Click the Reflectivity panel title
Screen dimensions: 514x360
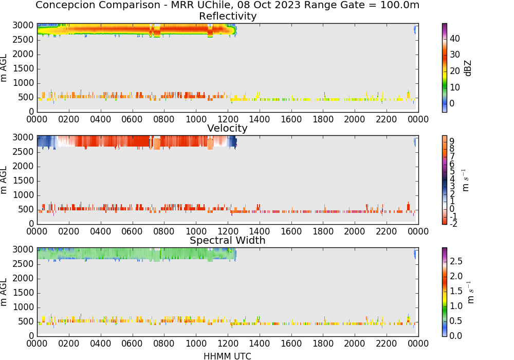228,16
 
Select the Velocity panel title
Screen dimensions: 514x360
227,128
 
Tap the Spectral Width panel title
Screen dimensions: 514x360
228,240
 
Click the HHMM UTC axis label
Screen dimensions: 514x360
227,356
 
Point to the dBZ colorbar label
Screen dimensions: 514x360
468,68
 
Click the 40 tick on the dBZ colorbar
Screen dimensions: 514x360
455,39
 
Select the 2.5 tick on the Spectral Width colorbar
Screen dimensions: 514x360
456,261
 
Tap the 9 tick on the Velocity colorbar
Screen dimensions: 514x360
452,141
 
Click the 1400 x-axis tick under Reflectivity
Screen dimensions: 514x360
259,119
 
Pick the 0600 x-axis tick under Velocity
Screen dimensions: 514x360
132,231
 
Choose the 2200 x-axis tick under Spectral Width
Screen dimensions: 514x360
387,343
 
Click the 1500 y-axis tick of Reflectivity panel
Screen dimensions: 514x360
23,68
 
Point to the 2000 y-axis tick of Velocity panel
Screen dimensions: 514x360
23,166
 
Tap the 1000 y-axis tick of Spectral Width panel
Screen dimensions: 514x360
23,307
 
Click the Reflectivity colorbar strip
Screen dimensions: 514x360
444,68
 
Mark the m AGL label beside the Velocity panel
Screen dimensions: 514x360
4,180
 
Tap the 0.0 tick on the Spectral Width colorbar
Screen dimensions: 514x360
456,336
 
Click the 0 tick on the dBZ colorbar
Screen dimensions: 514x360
452,103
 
